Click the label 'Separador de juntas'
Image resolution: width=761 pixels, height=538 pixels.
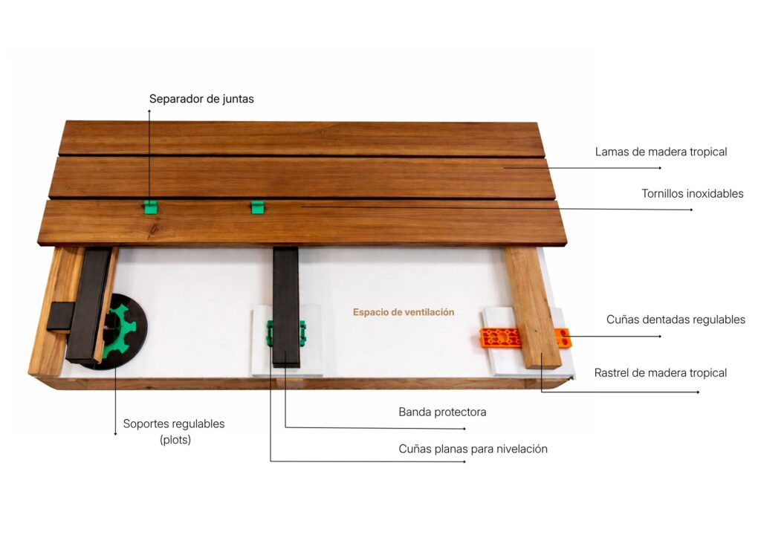click(x=201, y=99)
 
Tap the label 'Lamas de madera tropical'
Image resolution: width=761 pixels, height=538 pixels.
click(x=661, y=152)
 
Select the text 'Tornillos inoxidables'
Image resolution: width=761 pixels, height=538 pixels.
click(x=693, y=193)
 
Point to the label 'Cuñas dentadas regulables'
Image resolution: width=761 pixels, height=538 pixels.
click(x=676, y=320)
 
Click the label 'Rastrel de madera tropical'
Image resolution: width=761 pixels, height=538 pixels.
click(x=661, y=373)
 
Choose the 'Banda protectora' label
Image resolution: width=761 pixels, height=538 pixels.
click(x=442, y=412)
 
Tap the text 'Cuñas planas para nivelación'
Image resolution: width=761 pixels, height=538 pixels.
click(x=473, y=450)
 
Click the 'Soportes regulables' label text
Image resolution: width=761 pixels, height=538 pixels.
click(x=174, y=424)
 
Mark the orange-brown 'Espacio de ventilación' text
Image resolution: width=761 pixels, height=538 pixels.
click(x=404, y=312)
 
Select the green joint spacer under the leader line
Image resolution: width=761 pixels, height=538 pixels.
click(x=151, y=207)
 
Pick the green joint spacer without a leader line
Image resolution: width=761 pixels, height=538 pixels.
click(x=258, y=207)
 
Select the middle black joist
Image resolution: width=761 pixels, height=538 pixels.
click(x=286, y=307)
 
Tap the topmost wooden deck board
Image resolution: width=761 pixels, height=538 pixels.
click(x=301, y=138)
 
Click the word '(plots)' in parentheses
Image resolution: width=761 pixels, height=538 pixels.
click(x=175, y=440)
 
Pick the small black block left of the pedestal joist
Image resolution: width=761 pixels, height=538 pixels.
click(x=61, y=317)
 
